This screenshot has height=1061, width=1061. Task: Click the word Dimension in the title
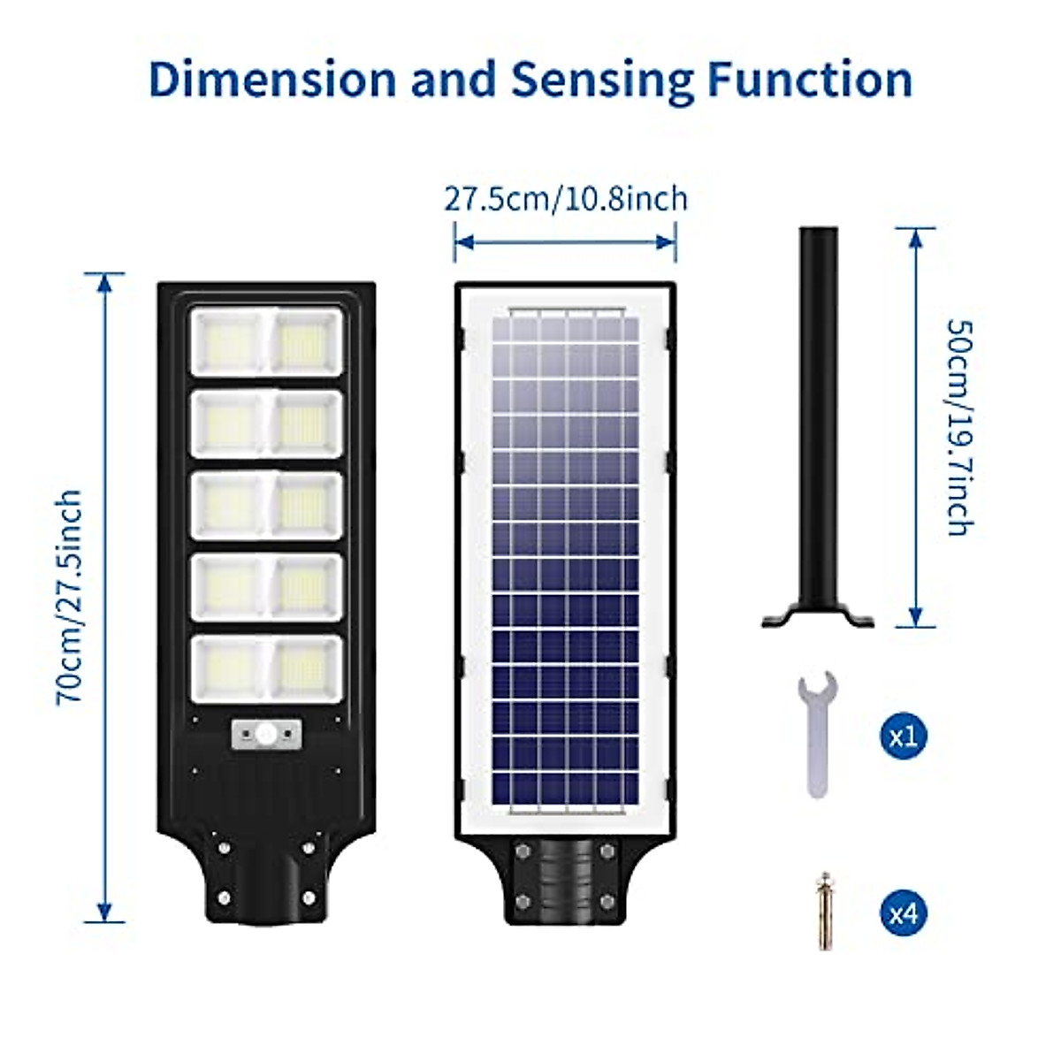click(x=272, y=79)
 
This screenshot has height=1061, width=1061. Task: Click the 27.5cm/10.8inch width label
click(x=565, y=198)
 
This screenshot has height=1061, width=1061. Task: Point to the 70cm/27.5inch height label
click(x=70, y=597)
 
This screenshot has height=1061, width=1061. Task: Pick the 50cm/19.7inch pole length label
click(x=960, y=427)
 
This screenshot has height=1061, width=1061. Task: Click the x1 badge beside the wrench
click(x=904, y=737)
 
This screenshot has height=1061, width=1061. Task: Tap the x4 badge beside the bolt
click(x=904, y=912)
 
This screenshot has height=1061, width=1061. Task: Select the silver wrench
click(x=819, y=733)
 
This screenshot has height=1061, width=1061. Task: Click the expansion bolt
click(x=825, y=910)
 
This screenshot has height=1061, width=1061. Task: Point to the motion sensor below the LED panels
click(x=266, y=733)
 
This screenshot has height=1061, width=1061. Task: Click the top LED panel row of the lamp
click(x=266, y=341)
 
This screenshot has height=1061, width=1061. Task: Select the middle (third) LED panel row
click(x=266, y=505)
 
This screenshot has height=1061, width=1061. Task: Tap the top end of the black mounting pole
click(x=818, y=233)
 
